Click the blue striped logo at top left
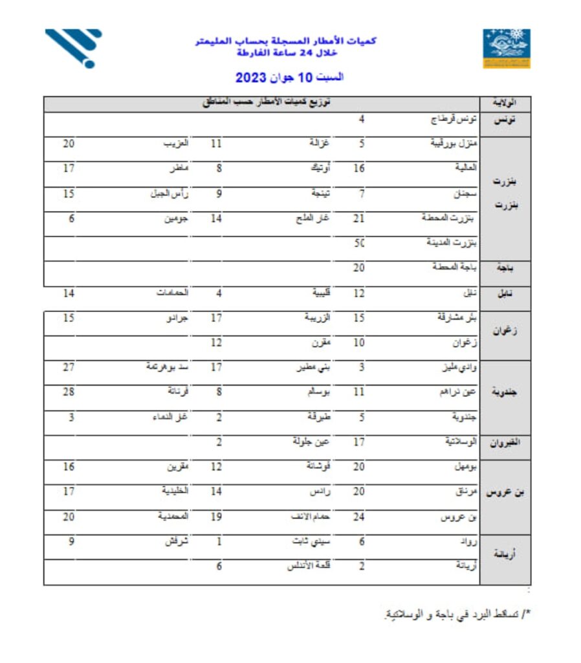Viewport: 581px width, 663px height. click(74, 47)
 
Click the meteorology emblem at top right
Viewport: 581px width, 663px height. click(507, 48)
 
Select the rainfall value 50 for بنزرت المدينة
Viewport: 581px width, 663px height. click(360, 243)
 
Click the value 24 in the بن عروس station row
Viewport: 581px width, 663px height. click(359, 517)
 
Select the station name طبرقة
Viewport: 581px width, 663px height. click(318, 417)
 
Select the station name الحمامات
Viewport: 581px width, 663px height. click(171, 293)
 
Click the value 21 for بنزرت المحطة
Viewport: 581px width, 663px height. click(359, 219)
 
